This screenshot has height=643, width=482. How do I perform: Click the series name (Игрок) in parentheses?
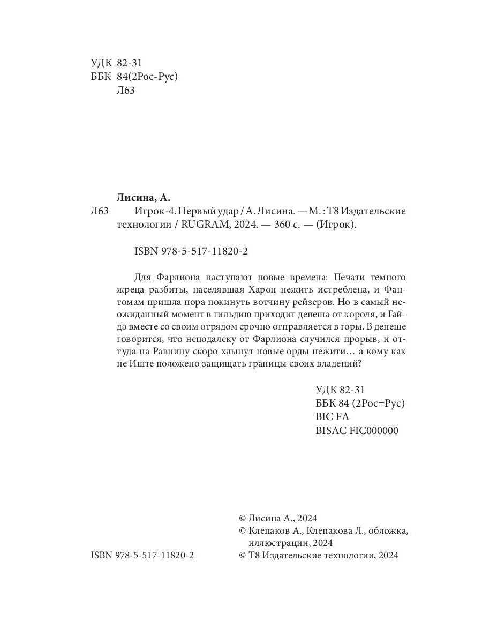(335, 226)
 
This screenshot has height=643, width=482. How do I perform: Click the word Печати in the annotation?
(349, 277)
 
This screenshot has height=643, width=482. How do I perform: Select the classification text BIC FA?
(333, 417)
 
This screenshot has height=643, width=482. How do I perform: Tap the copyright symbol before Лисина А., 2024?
(242, 518)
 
